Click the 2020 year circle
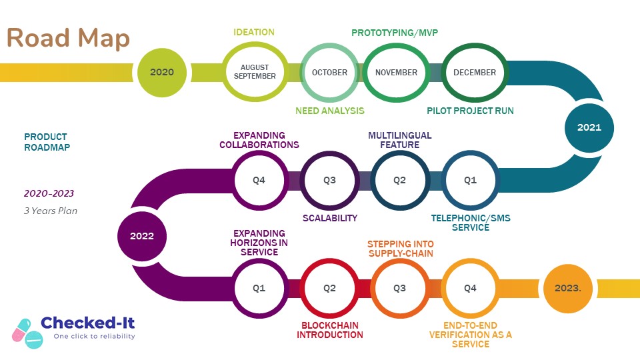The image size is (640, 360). coord(161,72)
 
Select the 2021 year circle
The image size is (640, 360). coord(589,127)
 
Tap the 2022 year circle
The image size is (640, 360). coord(142,236)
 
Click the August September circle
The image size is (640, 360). coord(255,72)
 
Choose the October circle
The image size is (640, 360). coord(329,72)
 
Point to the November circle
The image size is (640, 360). coord(396,72)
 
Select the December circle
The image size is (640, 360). coord(475,72)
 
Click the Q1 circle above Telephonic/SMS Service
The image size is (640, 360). coord(471,179)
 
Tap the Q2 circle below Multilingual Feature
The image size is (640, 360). coord(399,179)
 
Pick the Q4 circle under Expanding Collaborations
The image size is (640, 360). coord(259,179)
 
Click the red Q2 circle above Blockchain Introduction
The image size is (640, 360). coord(329,289)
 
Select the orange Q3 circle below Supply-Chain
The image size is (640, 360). coord(399,289)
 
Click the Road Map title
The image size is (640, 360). coord(68,38)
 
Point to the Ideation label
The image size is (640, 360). coord(254,32)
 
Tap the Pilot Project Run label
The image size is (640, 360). coord(470,111)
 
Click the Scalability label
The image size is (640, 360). coord(330,218)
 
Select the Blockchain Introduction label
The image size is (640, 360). coord(330,329)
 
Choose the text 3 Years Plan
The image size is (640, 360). coord(51,211)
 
